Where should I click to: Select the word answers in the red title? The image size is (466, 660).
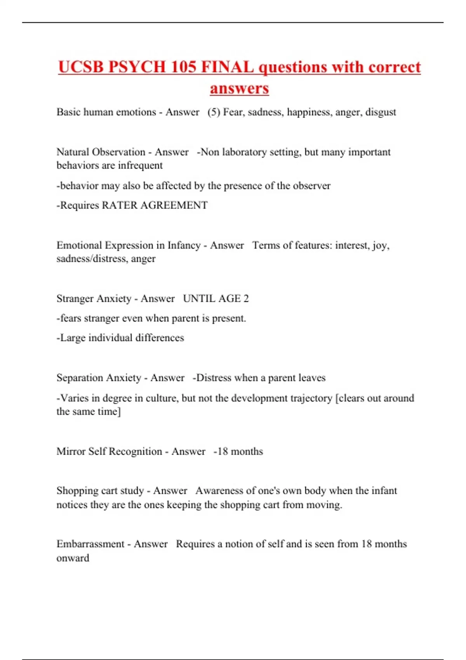239,88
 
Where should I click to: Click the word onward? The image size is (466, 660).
73,558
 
